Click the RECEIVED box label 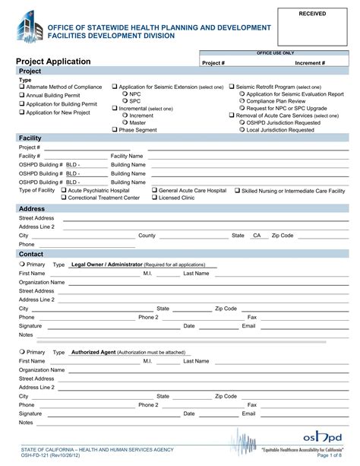point(312,14)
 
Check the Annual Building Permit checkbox point(21,96)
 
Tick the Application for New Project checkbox point(21,113)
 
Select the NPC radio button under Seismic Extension point(124,94)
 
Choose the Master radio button point(124,122)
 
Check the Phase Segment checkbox point(115,130)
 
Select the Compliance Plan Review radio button point(242,102)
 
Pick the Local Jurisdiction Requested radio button point(242,129)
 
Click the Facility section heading point(30,138)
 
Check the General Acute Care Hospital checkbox point(155,190)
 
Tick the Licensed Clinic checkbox point(155,198)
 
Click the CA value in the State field point(257,236)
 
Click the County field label point(147,236)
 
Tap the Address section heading point(32,208)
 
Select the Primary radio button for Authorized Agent point(21,353)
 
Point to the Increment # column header point(310,63)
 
